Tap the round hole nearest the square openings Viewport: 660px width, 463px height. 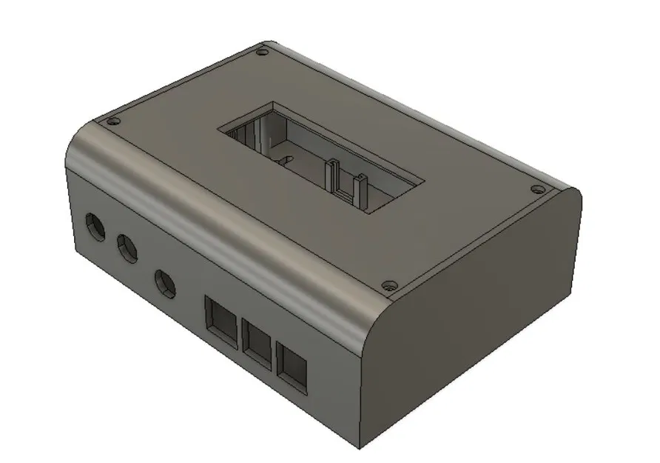164,282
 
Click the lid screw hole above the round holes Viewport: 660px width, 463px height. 112,121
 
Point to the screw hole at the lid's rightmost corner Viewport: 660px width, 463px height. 536,187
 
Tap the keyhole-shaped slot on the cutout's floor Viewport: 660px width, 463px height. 282,157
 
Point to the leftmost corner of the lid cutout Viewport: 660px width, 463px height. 218,131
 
